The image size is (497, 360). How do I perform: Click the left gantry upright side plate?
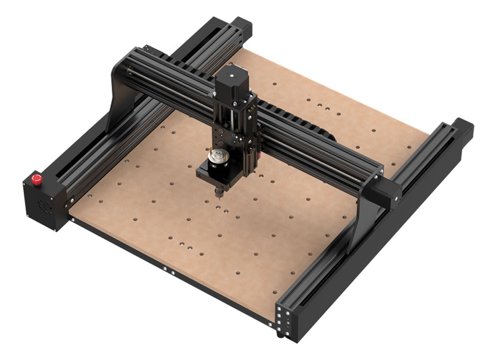click(121, 92)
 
